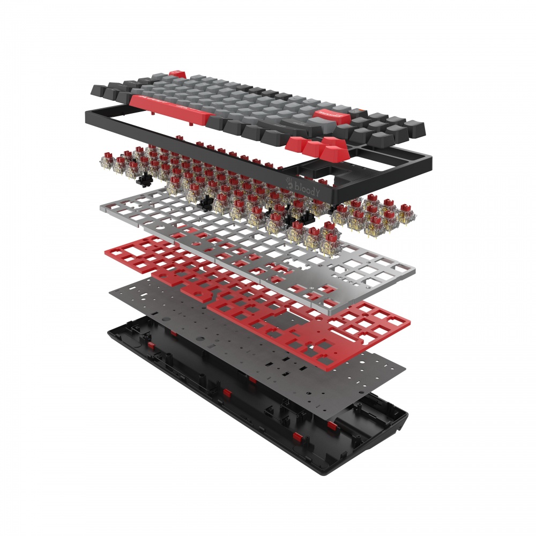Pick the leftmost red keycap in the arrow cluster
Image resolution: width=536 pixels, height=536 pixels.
pyautogui.click(x=297, y=143)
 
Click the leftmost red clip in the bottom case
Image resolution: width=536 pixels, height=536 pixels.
pyautogui.click(x=152, y=343)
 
